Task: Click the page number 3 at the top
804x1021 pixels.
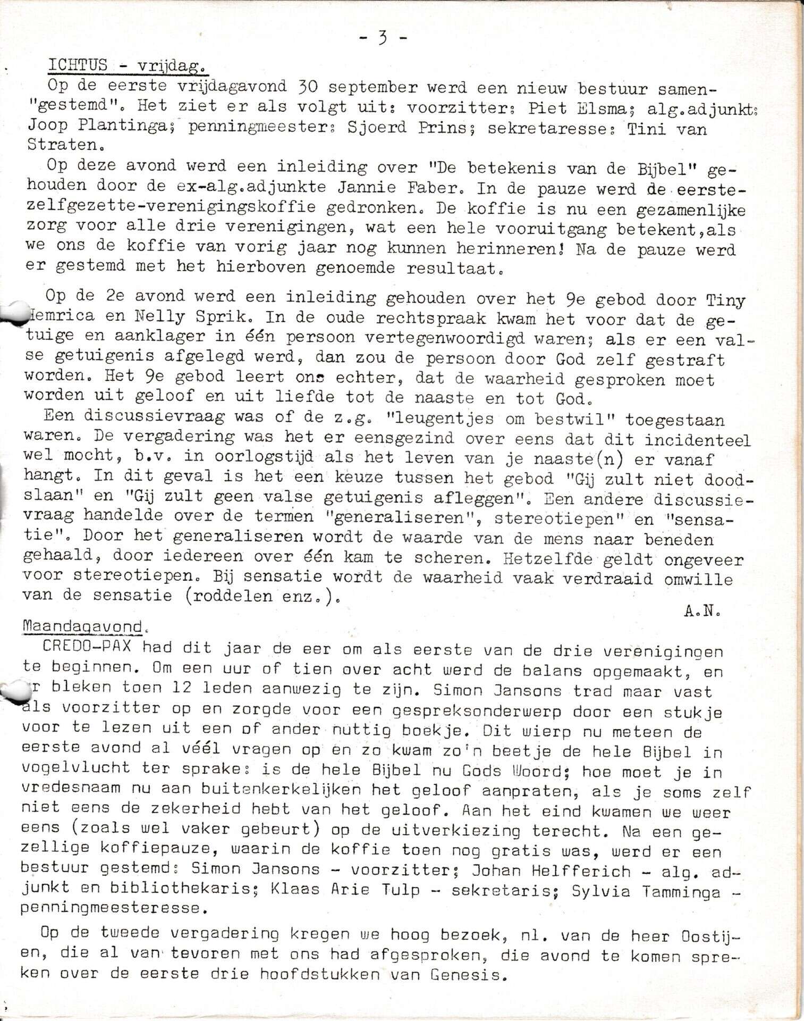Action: tap(382, 38)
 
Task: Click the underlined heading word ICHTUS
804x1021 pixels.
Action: tap(78, 65)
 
